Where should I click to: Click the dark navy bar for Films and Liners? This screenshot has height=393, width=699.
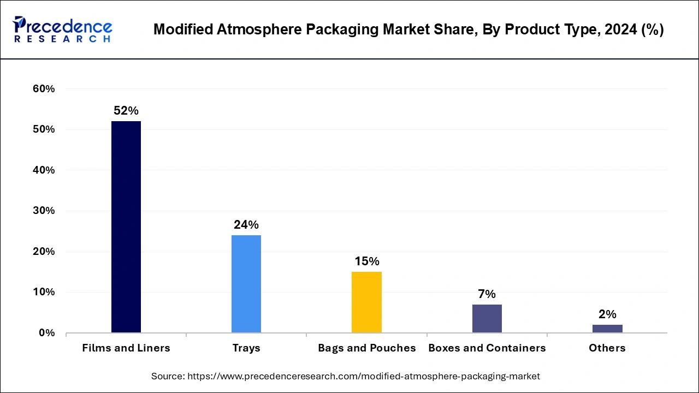(x=126, y=227)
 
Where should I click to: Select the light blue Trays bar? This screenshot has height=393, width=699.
(x=246, y=284)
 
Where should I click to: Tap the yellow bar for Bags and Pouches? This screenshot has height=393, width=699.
(x=366, y=302)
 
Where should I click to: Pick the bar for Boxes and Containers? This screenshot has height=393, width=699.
(x=487, y=318)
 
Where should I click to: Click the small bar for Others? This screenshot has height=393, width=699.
(x=607, y=329)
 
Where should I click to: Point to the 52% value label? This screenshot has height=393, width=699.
(x=126, y=111)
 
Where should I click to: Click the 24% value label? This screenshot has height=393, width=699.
(x=246, y=225)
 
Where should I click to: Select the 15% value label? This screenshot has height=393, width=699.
(x=366, y=261)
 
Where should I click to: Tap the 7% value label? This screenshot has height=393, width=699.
(x=487, y=294)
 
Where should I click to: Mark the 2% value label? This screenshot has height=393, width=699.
(x=607, y=314)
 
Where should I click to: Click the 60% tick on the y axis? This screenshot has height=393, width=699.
(x=44, y=89)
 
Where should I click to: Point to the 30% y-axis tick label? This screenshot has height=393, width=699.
(x=44, y=211)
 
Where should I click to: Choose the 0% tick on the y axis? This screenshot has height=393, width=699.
(x=47, y=333)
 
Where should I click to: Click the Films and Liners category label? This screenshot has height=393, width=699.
(x=126, y=348)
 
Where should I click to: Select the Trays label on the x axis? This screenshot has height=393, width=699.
(x=246, y=348)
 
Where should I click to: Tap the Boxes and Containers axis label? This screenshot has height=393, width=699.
(x=487, y=348)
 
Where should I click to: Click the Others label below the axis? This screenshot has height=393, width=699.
(x=607, y=348)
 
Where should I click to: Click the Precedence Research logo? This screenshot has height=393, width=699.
(x=62, y=29)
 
